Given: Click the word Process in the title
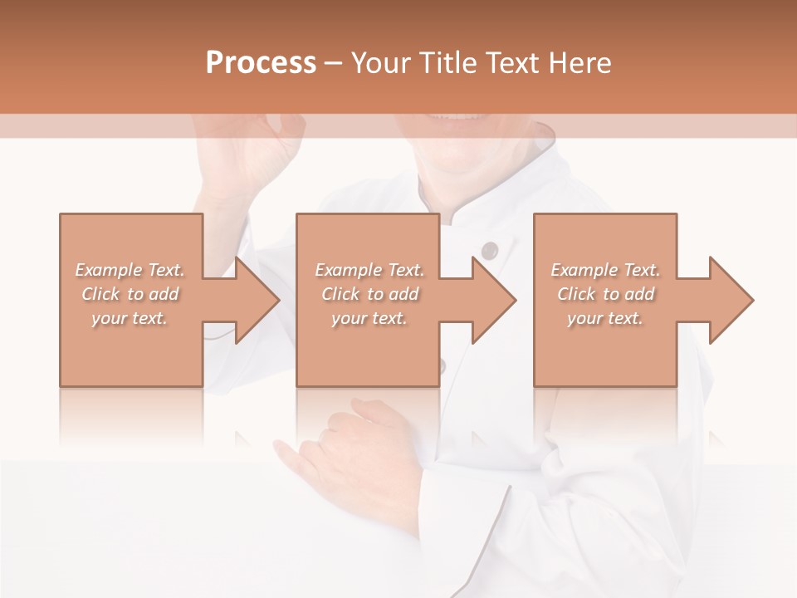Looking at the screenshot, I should coord(261,62).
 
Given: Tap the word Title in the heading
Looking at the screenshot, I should coord(447,62).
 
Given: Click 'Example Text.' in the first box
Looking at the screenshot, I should coord(130,270).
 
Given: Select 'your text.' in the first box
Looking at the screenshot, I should coord(130,318).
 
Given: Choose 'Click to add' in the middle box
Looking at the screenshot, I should coord(369,294).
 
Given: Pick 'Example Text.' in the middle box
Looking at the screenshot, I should coord(369,270).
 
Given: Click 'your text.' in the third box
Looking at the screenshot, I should coord(604,318).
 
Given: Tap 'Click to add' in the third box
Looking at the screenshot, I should coord(605,294).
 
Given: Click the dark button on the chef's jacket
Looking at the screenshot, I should coord(490,249).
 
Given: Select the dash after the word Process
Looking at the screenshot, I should coord(333,63).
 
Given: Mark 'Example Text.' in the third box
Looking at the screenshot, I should coord(605,270).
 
